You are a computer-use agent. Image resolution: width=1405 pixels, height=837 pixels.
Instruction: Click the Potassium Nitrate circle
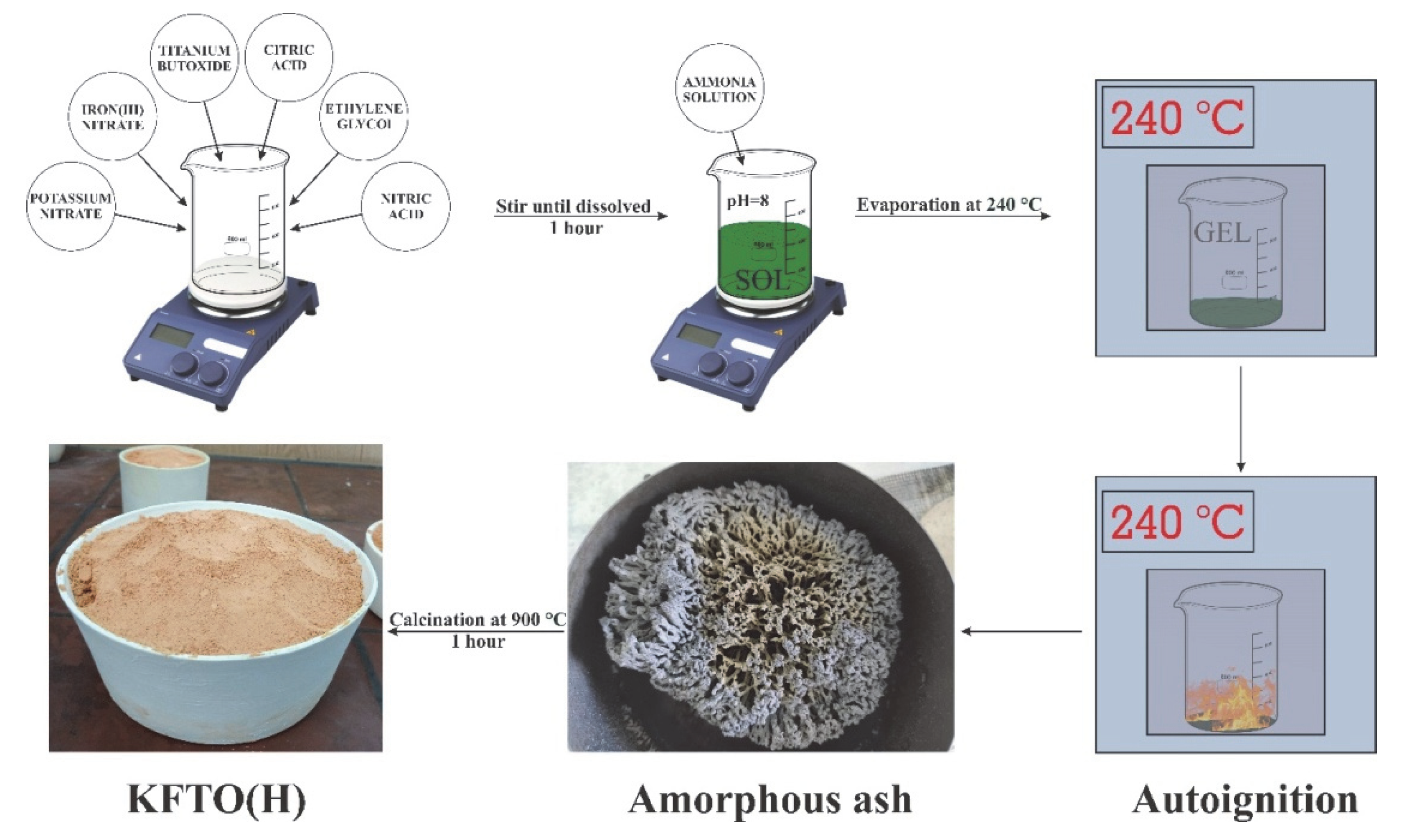[x=70, y=206]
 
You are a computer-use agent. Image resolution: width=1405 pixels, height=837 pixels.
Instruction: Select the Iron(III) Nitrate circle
[x=112, y=117]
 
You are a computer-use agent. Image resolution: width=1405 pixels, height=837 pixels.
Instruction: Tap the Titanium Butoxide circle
[x=194, y=58]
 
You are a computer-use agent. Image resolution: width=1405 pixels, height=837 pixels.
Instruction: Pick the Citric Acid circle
[x=288, y=57]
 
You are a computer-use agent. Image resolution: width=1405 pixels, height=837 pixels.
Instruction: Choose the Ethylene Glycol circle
[x=364, y=116]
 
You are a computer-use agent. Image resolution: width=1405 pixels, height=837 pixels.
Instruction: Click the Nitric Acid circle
[x=405, y=206]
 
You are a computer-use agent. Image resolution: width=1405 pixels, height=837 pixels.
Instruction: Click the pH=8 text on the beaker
[x=748, y=200]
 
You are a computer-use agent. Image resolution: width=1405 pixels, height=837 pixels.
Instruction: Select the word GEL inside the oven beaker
[x=1222, y=232]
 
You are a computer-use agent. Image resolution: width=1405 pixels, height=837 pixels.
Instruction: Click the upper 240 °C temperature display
[x=1177, y=117]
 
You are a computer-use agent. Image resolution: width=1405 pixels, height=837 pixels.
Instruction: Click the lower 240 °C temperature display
[x=1177, y=521]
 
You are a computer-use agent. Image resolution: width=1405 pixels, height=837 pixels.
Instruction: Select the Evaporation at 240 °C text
[x=949, y=205]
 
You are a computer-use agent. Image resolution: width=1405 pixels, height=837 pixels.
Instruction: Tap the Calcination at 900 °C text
[x=477, y=620]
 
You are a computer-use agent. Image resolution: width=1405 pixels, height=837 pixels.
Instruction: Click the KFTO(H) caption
[x=217, y=800]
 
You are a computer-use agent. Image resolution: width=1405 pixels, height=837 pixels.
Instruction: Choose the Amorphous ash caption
[x=770, y=800]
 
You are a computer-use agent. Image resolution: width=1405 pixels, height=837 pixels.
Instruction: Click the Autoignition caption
[x=1244, y=800]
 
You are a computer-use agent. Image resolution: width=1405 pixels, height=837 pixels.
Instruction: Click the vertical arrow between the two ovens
[x=1241, y=417]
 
